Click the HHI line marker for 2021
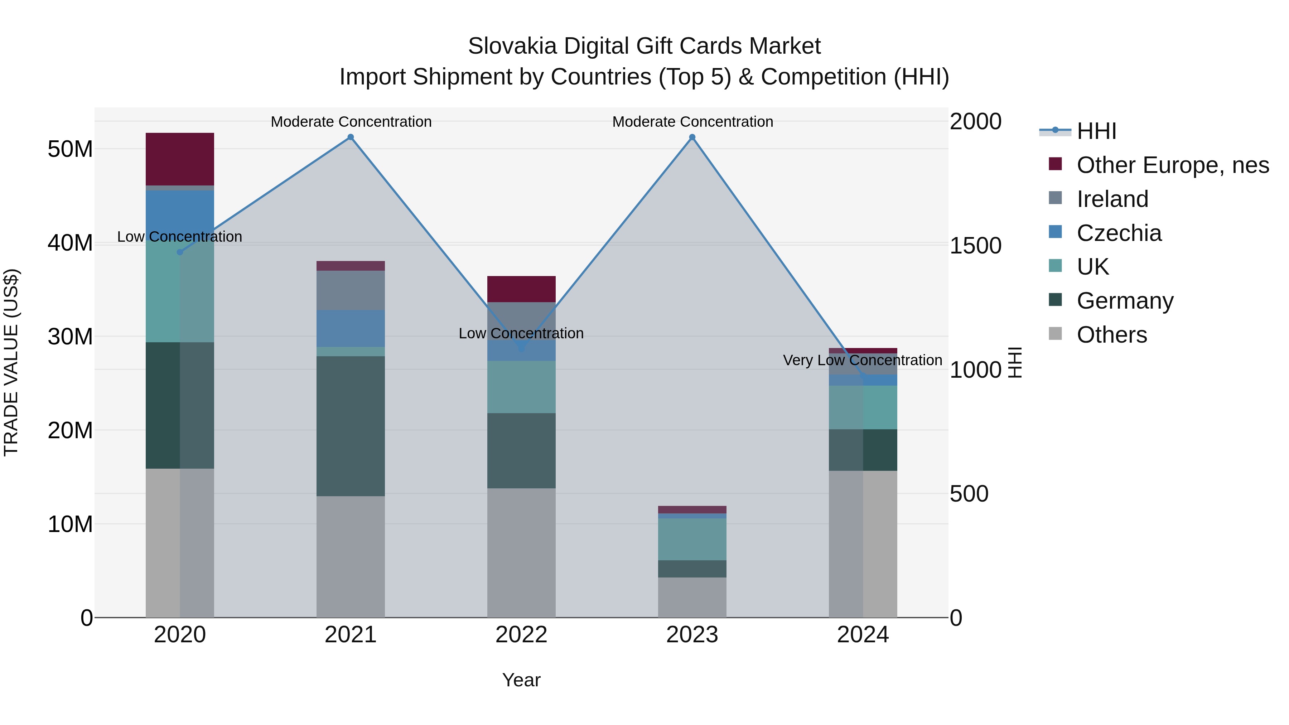(351, 137)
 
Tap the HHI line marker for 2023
(692, 137)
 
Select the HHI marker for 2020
(180, 252)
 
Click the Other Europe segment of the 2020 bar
(180, 159)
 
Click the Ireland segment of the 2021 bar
(351, 290)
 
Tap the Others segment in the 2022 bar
(521, 552)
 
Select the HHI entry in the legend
(1096, 131)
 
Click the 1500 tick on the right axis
(975, 246)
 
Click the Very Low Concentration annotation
(862, 360)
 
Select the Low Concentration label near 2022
(521, 333)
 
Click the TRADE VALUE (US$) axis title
(11, 362)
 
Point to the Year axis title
(521, 680)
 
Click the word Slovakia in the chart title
(512, 46)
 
